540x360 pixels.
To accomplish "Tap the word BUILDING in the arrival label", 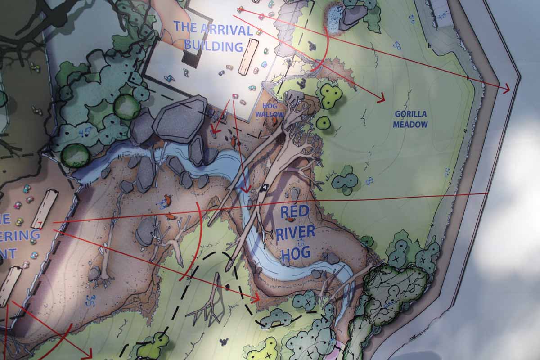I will point(213,46).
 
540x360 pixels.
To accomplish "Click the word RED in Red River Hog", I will point(295,211).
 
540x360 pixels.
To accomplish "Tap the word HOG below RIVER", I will point(296,252).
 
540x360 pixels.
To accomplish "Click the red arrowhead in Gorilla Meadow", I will point(382,97).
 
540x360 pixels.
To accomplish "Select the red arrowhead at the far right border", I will point(506,89).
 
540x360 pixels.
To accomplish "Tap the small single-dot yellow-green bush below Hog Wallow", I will point(323,122).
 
